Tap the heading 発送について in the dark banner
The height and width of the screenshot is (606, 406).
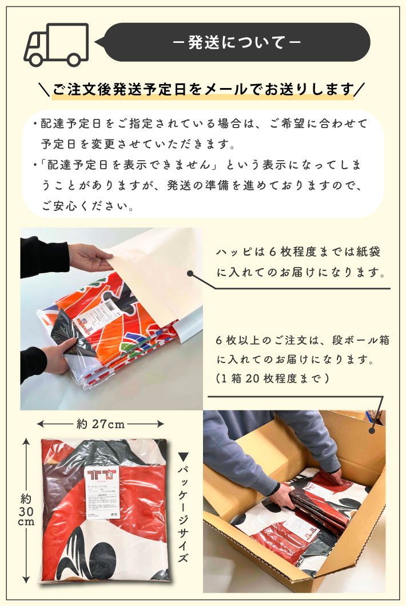237,43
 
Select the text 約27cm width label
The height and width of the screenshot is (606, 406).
101,424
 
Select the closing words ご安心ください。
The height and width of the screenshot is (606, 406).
87,206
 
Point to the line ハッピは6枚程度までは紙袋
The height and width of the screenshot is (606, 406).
298,253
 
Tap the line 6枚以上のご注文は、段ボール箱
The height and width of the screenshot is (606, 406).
303,340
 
